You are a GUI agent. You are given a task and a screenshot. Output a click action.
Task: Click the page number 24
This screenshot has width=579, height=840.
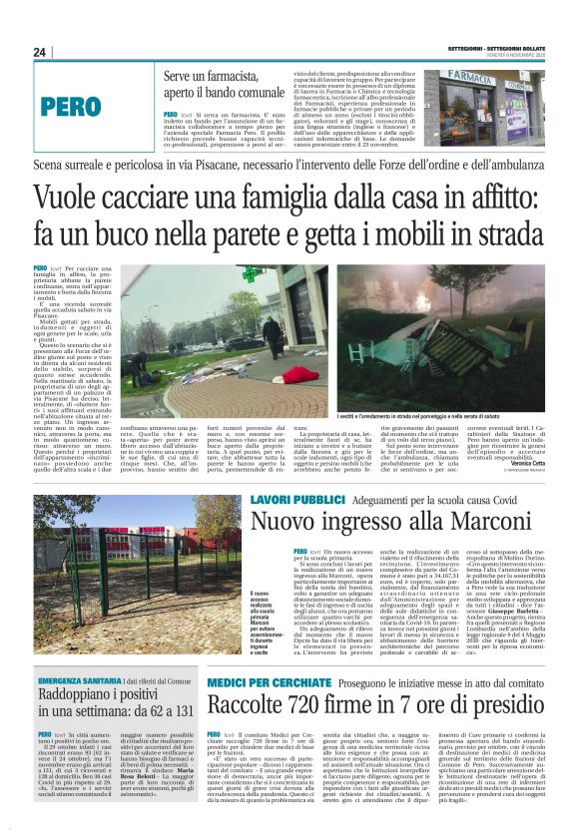coord(39,52)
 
